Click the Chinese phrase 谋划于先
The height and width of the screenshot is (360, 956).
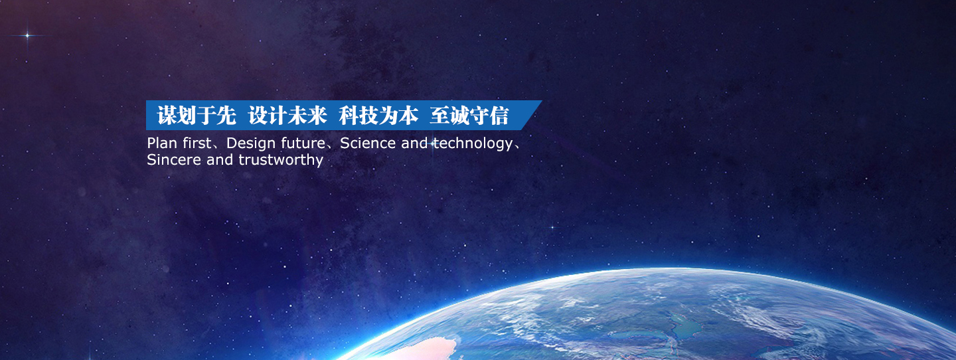pos(197,116)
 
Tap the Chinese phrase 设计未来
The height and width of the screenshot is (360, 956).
pos(287,116)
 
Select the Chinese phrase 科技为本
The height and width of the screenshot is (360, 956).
pos(378,116)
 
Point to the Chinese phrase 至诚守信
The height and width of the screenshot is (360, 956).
pos(469,116)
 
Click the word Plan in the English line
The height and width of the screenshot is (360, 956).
pos(162,143)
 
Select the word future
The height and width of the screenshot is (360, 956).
pos(303,143)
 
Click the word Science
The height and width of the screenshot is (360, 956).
pos(368,143)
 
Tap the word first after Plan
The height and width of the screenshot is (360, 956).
pos(197,143)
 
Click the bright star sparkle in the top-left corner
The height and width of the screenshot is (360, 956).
pos(28,35)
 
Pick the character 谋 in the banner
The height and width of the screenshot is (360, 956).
pos(167,116)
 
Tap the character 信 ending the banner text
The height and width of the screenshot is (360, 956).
pos(499,116)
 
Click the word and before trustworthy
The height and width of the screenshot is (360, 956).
pos(220,159)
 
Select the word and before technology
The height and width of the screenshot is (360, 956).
pos(414,143)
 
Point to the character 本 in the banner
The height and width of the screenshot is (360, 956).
pos(408,116)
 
